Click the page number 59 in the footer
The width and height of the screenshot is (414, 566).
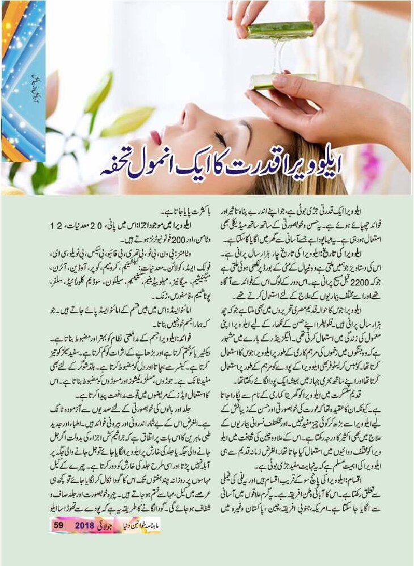click(x=58, y=525)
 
